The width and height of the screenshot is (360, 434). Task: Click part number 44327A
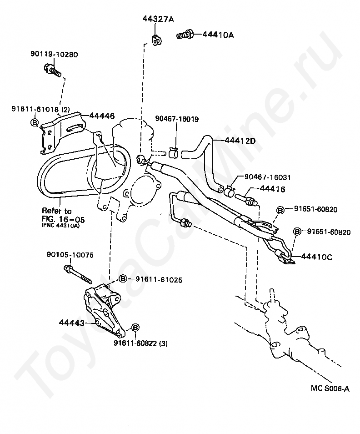[159, 19]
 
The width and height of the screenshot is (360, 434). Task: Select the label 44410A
[218, 35]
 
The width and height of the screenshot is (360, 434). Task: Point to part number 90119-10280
[55, 55]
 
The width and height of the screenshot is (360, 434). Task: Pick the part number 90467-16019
[177, 119]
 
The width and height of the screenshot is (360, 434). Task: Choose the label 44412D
[240, 141]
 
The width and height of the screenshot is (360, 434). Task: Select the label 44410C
[316, 257]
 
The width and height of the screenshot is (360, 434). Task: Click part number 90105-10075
[70, 255]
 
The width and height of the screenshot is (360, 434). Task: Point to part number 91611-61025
[159, 280]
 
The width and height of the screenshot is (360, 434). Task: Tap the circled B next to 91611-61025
[123, 279]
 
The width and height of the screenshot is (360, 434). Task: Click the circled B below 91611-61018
[34, 122]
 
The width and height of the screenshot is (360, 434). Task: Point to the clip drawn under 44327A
[157, 41]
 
